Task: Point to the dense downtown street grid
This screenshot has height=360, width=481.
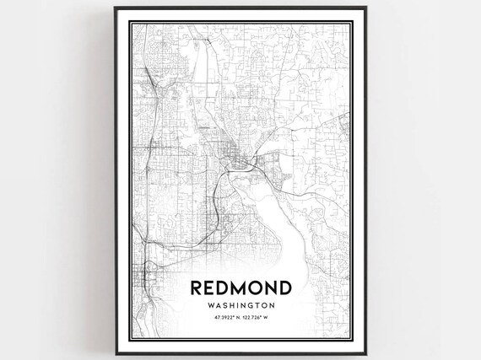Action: [x=228, y=156]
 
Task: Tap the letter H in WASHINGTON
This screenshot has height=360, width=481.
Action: [x=237, y=306]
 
